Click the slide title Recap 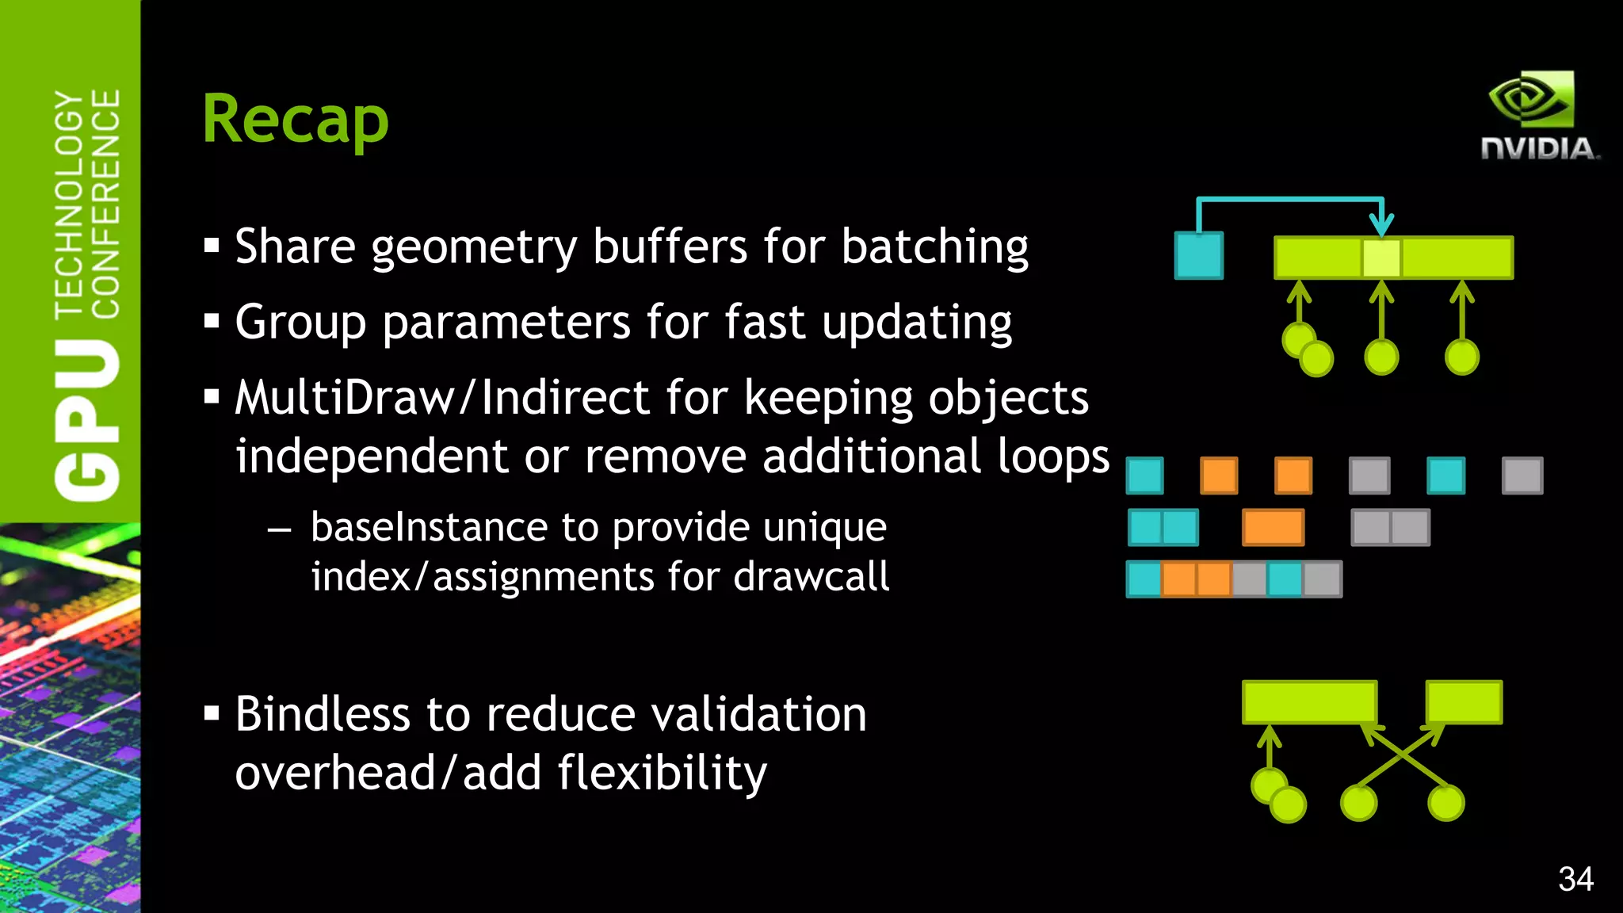point(296,120)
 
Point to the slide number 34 point(1575,880)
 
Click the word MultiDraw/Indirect point(442,398)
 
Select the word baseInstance point(429,528)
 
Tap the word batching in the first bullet point(934,247)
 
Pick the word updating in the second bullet point(916,323)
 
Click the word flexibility point(662,774)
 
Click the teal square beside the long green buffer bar point(1198,255)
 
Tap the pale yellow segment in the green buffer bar point(1381,258)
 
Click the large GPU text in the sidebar point(87,420)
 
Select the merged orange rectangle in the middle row point(1273,528)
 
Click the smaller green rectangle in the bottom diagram point(1464,701)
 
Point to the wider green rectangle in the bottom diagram point(1309,701)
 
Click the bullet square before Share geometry point(212,246)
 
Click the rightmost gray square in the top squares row point(1522,476)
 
